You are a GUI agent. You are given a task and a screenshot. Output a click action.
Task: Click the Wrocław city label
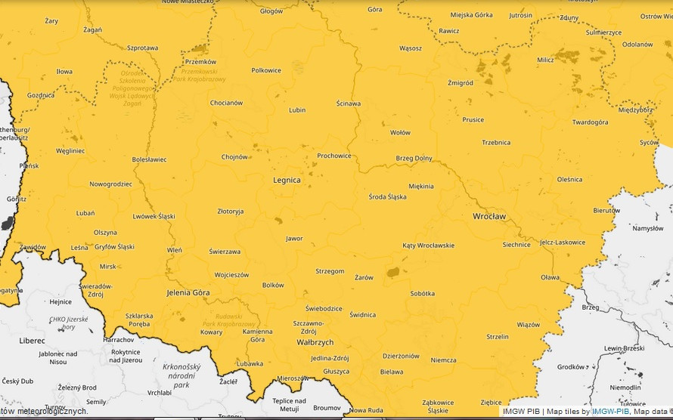[488, 216]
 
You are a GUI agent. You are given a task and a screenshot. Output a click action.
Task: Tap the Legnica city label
[287, 181]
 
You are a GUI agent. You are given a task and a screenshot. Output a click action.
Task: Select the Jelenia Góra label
[188, 292]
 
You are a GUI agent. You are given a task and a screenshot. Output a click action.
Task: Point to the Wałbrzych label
[315, 342]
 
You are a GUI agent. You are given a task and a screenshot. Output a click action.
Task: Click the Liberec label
[32, 341]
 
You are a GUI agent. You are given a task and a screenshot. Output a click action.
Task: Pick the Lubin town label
[297, 110]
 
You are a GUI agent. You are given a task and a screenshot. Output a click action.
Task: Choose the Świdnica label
[362, 315]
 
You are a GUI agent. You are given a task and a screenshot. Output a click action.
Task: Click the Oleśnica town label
[569, 180]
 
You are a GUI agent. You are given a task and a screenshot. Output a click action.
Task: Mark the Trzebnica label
[496, 143]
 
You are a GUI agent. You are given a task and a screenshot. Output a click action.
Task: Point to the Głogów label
[271, 11]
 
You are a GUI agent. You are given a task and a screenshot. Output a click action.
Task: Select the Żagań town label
[92, 29]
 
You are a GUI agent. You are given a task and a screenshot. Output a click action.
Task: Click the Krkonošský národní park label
[181, 375]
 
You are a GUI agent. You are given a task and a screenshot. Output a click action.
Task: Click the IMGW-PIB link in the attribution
[610, 412]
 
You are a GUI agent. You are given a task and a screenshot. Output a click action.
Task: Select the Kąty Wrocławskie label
[429, 246]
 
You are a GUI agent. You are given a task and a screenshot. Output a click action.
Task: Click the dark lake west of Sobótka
[393, 272]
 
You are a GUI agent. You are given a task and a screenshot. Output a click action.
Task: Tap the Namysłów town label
[647, 228]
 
